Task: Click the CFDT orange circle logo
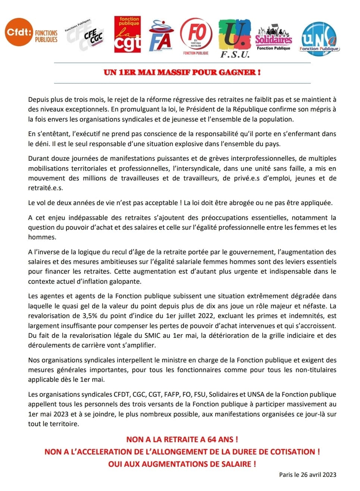[x=19, y=32]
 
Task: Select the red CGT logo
[x=128, y=34]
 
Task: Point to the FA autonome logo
[x=160, y=36]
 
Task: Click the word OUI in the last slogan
[x=115, y=464]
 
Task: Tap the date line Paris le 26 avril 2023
[x=307, y=475]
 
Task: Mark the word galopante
[x=125, y=281]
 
